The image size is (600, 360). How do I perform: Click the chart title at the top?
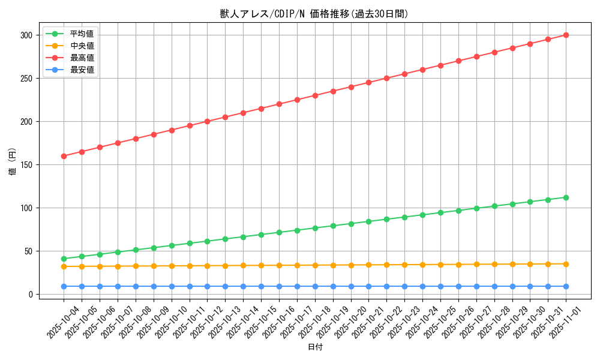click(x=314, y=14)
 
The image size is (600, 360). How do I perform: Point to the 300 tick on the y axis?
click(x=25, y=35)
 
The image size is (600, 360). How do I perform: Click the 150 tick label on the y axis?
click(x=25, y=165)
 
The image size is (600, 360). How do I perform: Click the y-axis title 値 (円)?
click(x=13, y=162)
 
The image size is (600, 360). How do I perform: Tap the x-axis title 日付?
click(x=315, y=347)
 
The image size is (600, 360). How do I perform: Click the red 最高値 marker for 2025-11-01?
click(x=566, y=35)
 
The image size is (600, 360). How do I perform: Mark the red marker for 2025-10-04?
click(x=64, y=156)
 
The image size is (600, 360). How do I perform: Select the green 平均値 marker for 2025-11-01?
click(x=566, y=197)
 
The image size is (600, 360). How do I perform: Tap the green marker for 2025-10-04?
click(x=64, y=259)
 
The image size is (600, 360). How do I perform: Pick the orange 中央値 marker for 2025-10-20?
click(x=351, y=265)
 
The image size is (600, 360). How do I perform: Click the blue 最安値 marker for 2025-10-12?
click(x=207, y=286)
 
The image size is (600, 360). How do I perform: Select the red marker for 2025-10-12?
click(x=207, y=121)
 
